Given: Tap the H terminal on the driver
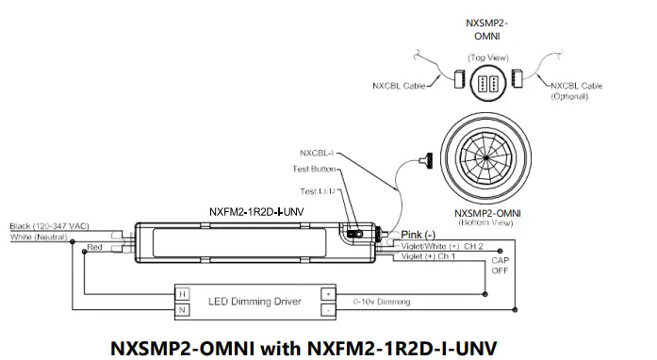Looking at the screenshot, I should (183, 293).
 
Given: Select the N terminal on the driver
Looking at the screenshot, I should (183, 309).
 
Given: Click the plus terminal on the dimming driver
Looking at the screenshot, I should (327, 293).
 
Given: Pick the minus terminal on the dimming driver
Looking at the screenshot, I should (327, 309).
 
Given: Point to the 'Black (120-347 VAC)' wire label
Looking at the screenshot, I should (49, 227).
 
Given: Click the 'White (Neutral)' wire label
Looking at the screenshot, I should (37, 237).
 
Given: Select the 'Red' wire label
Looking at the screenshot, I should (94, 246).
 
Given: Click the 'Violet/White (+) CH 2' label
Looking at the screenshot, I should (442, 246).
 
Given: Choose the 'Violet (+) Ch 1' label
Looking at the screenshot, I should (429, 256).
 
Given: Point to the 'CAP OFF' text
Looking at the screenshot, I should (501, 266).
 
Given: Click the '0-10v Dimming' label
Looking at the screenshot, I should (382, 302).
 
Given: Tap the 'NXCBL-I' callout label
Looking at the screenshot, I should (316, 152).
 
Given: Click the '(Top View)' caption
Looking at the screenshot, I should (488, 57).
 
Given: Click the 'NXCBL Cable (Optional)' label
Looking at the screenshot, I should (577, 90).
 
